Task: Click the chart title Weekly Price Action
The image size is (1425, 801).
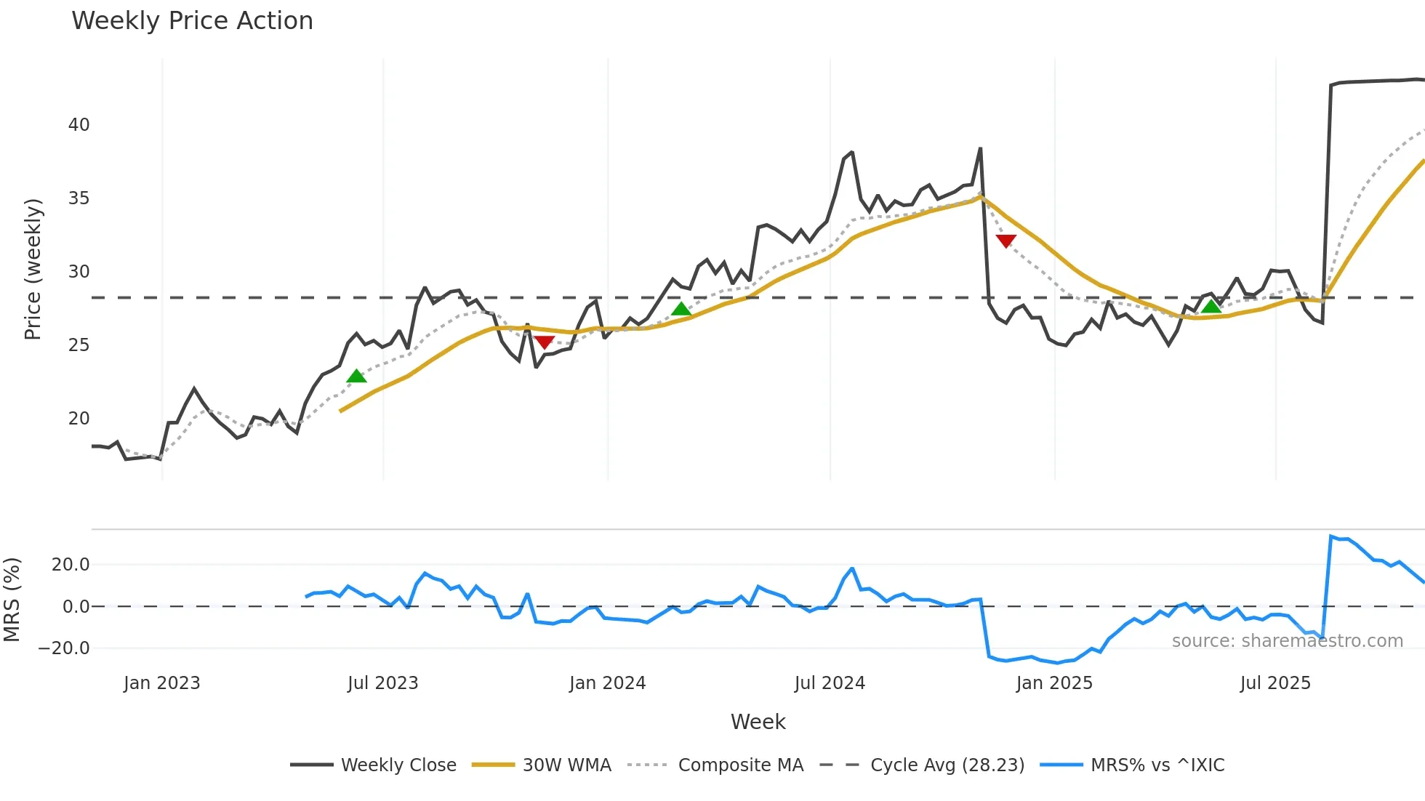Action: tap(192, 21)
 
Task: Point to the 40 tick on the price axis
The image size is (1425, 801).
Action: tap(79, 125)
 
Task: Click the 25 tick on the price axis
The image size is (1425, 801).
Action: tap(79, 345)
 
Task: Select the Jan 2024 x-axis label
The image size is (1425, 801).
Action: tap(607, 683)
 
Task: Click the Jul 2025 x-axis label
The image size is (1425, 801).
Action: tap(1275, 683)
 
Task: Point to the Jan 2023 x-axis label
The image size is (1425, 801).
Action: tap(161, 683)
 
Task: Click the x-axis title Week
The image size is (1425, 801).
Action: tap(758, 722)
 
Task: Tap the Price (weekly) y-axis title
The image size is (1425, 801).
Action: tap(33, 269)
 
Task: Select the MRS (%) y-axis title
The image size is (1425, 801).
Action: tap(12, 600)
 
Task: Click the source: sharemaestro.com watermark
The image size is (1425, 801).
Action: tap(1287, 641)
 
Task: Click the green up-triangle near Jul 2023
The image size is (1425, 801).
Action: tap(356, 376)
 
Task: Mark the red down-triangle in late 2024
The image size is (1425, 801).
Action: tap(1005, 241)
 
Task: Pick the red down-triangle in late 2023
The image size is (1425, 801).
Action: tap(544, 342)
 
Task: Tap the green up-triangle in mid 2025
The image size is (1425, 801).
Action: tap(1211, 306)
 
